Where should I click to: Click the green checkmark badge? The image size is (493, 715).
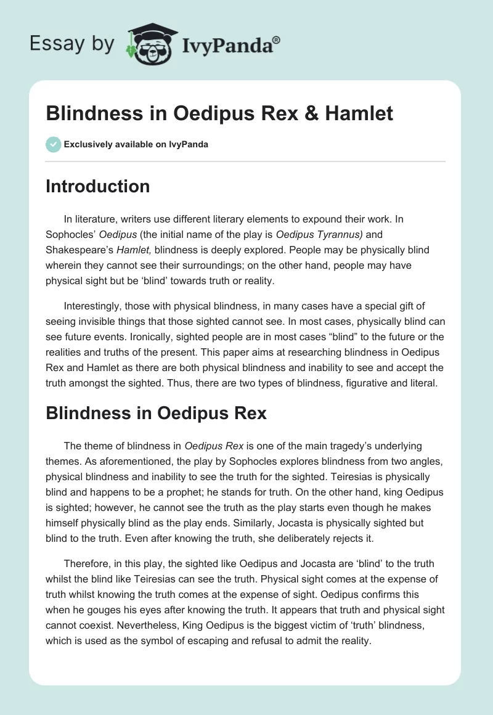click(53, 144)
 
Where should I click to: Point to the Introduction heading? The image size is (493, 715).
click(97, 186)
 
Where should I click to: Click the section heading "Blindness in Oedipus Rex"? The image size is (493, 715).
click(156, 413)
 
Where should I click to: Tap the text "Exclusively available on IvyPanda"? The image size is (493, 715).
click(136, 145)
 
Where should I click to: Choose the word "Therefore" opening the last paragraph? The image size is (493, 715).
click(86, 563)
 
